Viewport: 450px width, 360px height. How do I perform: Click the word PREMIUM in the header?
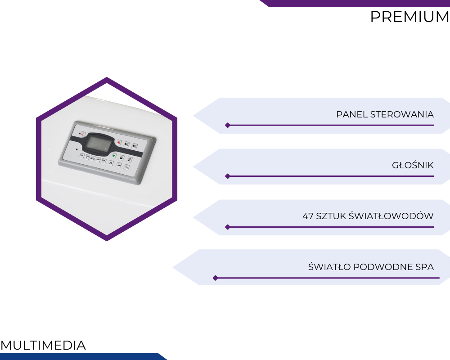pyautogui.click(x=410, y=17)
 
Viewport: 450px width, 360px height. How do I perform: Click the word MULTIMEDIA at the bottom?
pyautogui.click(x=43, y=345)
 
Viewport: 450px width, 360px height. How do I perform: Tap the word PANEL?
pyautogui.click(x=352, y=114)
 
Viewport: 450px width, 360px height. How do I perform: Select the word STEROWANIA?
pyautogui.click(x=402, y=114)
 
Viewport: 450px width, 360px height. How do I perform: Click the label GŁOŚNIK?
pyautogui.click(x=413, y=165)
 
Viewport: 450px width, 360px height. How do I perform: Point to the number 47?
pyautogui.click(x=308, y=216)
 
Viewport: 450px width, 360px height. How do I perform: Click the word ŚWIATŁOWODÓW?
pyautogui.click(x=391, y=216)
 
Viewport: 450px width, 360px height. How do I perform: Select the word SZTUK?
pyautogui.click(x=331, y=216)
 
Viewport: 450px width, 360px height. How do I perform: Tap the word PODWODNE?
pyautogui.click(x=383, y=267)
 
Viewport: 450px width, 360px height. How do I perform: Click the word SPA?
pyautogui.click(x=424, y=267)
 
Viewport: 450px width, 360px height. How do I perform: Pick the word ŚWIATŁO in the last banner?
pyautogui.click(x=329, y=266)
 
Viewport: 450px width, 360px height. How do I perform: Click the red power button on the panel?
pyautogui.click(x=83, y=134)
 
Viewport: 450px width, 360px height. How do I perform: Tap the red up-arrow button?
pyautogui.click(x=119, y=142)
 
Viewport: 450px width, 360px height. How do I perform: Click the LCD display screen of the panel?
pyautogui.click(x=98, y=144)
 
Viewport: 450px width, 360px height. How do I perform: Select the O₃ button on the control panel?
pyautogui.click(x=126, y=167)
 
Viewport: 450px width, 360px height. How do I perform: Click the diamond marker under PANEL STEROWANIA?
pyautogui.click(x=228, y=125)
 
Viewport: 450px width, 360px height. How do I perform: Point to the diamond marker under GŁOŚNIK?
pyautogui.click(x=228, y=176)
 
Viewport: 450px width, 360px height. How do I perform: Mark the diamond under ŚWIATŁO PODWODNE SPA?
pyautogui.click(x=215, y=278)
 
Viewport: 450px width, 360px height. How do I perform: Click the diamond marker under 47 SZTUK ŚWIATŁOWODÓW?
pyautogui.click(x=228, y=227)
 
